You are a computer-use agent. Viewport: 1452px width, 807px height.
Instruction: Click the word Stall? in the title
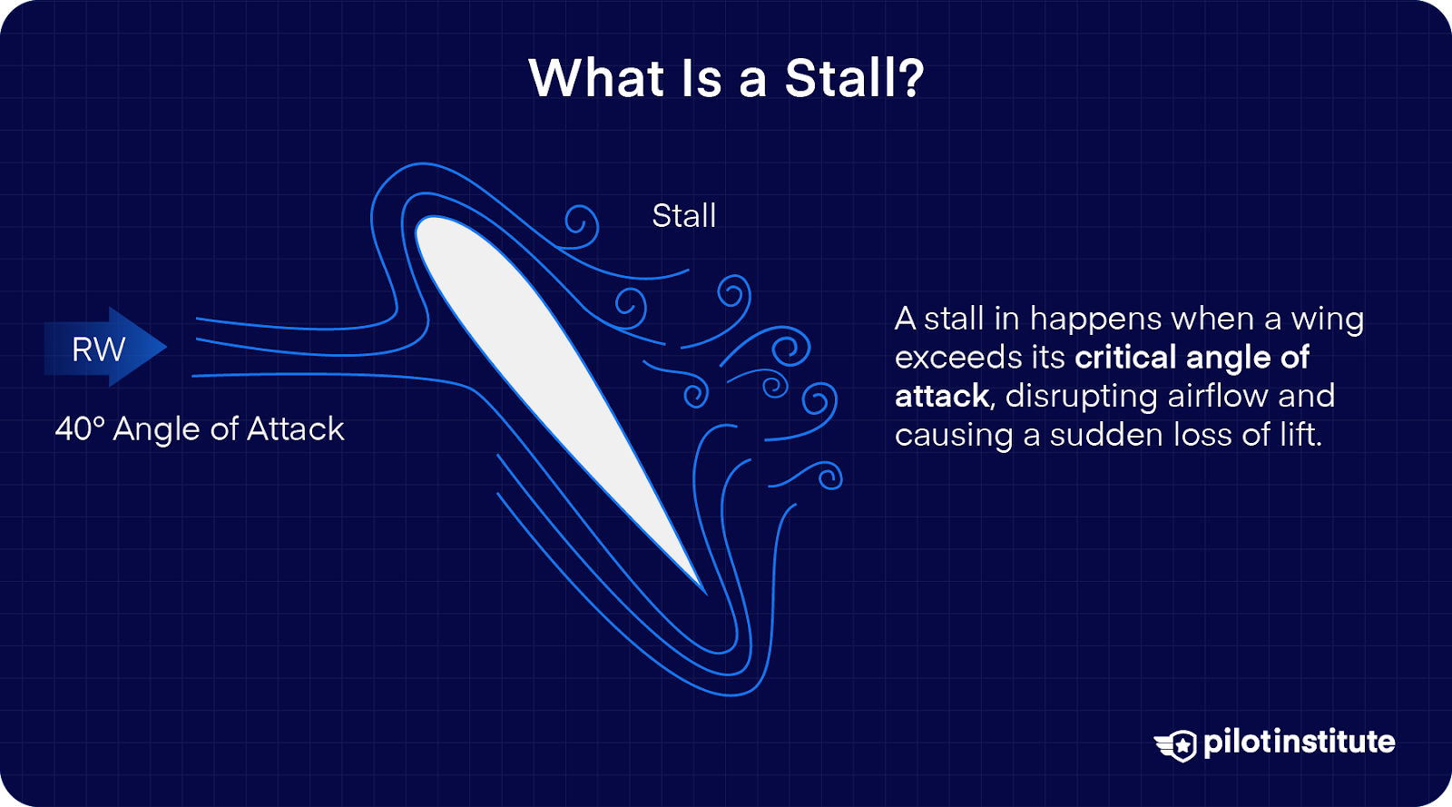[854, 78]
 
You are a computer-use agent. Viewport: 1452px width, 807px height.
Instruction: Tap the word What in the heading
[596, 78]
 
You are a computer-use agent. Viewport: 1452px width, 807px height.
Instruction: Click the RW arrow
[104, 348]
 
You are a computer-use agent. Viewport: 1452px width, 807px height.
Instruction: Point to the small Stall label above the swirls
[684, 216]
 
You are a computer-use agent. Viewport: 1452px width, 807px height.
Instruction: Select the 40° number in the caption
[80, 428]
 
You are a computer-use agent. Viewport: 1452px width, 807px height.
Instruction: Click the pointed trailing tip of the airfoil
[702, 590]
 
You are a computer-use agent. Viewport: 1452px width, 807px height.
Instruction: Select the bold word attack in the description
[941, 397]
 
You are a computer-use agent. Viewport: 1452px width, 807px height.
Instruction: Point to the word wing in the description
[1327, 320]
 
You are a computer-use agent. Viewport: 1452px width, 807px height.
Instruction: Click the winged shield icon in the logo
[1177, 745]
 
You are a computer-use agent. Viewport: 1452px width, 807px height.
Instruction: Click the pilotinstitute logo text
[1299, 743]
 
